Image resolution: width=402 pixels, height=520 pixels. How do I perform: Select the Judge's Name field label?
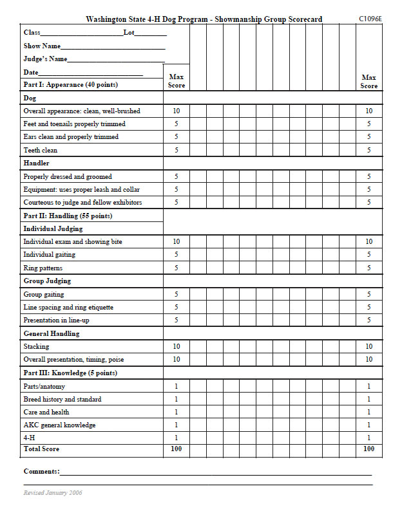tap(45, 59)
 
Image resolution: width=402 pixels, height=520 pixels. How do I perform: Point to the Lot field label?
tap(129, 32)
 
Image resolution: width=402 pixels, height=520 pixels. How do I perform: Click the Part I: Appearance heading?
tap(71, 84)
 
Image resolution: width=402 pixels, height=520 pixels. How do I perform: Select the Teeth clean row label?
tap(41, 150)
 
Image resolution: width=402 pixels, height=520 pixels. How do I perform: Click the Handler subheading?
tap(37, 163)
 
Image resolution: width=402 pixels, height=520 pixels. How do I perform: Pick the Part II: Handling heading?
tap(68, 216)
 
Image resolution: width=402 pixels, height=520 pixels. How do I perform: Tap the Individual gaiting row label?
tap(50, 255)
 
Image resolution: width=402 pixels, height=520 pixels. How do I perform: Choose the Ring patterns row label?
tap(43, 268)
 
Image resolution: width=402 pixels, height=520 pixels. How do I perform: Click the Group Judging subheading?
tap(47, 281)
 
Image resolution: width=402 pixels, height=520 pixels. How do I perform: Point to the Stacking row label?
tap(36, 346)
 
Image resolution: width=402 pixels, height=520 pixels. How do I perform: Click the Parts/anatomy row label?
tap(44, 386)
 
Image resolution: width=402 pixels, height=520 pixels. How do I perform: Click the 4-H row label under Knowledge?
tap(30, 438)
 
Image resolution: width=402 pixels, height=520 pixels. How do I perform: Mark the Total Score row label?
tap(41, 449)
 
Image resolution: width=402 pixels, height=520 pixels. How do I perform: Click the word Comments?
tap(41, 472)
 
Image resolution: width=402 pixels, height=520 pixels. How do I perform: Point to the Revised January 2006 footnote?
tap(53, 493)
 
